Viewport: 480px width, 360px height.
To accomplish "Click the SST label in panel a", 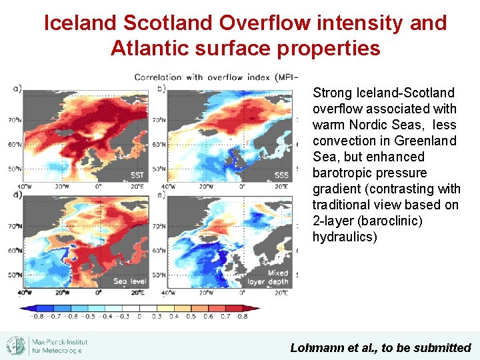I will pos(136,175).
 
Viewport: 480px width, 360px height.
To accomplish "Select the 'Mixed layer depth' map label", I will pos(277,277).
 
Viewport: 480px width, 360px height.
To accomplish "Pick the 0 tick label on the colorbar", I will pos(139,316).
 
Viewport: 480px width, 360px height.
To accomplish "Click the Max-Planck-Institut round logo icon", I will pos(16,345).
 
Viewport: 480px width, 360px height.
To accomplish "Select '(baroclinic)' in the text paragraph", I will pos(387,221).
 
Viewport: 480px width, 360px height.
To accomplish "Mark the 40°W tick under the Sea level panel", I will pos(25,292).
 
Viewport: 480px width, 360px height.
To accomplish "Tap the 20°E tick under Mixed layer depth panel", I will pos(281,292).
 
